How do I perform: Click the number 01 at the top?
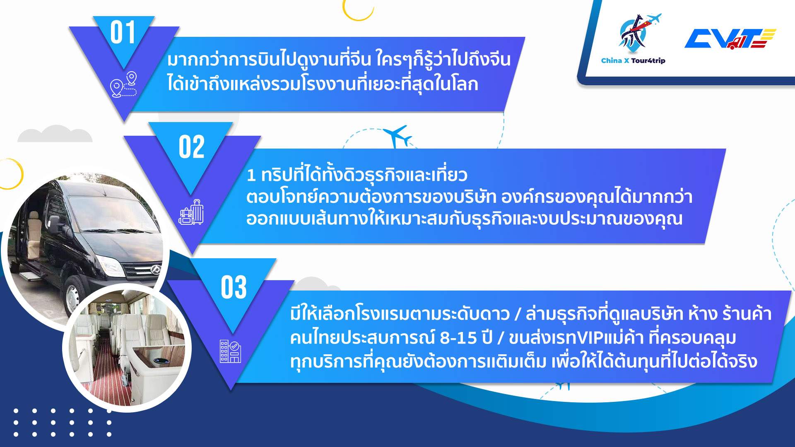click(x=123, y=32)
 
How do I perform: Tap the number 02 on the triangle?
click(x=192, y=147)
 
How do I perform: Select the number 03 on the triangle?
click(x=234, y=287)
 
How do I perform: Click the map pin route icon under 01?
click(x=123, y=84)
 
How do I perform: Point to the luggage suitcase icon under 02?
click(x=191, y=212)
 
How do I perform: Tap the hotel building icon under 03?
click(x=230, y=351)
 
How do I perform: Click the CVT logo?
click(x=730, y=39)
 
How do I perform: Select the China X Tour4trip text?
click(x=633, y=60)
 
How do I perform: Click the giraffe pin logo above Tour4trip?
click(x=638, y=33)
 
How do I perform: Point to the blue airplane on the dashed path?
click(x=397, y=136)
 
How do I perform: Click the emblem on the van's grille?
click(x=156, y=270)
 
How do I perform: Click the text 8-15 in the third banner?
click(x=458, y=338)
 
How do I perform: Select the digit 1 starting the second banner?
click(x=251, y=175)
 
